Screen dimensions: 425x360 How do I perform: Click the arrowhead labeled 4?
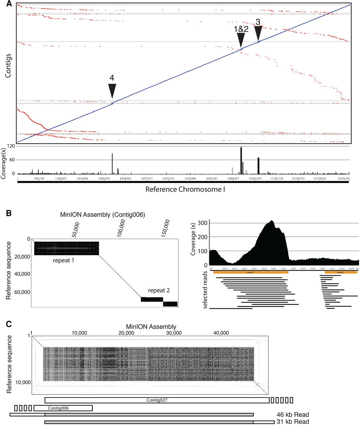pyautogui.click(x=112, y=91)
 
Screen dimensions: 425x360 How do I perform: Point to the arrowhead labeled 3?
pyautogui.click(x=258, y=33)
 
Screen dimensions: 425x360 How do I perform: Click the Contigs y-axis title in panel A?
pyautogui.click(x=8, y=66)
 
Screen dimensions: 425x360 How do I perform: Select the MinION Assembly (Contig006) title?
pyautogui.click(x=102, y=215)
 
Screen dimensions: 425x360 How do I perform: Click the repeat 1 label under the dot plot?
pyautogui.click(x=63, y=260)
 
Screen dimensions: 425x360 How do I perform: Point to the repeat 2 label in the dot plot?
pyautogui.click(x=159, y=291)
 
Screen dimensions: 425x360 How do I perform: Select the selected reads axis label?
pyautogui.click(x=206, y=290)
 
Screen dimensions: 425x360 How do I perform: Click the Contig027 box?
pyautogui.click(x=157, y=400)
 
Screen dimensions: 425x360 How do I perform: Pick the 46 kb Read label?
pyautogui.click(x=293, y=414)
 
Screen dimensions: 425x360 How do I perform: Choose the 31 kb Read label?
pyautogui.click(x=293, y=422)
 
